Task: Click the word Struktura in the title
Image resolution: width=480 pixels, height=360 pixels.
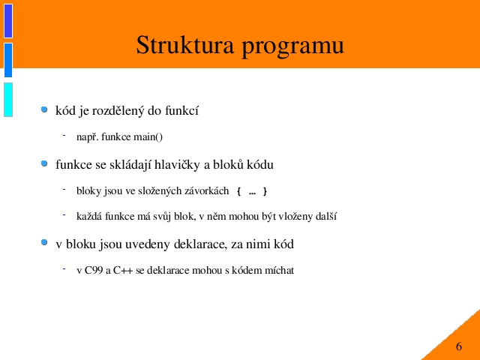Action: [x=185, y=45]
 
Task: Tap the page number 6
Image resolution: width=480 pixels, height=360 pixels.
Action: [x=458, y=346]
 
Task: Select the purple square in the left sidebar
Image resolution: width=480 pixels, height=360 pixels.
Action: [x=8, y=21]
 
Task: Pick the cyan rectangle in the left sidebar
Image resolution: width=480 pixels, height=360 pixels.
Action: [x=8, y=100]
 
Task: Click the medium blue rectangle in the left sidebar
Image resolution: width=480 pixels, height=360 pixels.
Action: [x=8, y=60]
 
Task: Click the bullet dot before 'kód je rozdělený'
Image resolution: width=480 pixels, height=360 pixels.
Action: [x=44, y=109]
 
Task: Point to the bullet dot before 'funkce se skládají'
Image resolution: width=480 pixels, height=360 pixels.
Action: [x=44, y=163]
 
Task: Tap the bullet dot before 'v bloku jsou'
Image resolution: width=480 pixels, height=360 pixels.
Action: [x=44, y=242]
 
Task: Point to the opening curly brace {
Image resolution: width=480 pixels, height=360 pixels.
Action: [x=238, y=191]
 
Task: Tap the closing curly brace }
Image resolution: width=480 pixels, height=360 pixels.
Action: [x=265, y=191]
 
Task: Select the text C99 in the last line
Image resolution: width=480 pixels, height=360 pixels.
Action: [x=94, y=270]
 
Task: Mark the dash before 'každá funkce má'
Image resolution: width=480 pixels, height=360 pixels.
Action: [x=64, y=215]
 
